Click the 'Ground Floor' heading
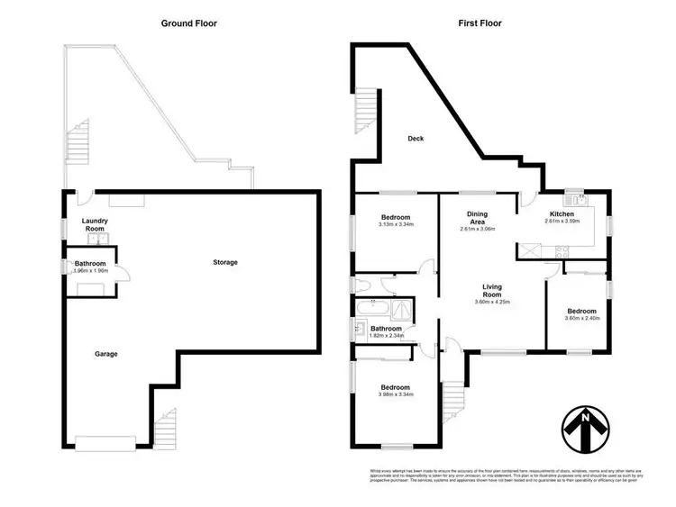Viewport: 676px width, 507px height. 189,23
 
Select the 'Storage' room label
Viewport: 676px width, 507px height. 225,262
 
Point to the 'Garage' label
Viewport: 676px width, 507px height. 106,354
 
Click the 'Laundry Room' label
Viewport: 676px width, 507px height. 96,225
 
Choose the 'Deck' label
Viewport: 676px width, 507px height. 416,138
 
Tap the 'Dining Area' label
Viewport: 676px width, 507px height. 477,218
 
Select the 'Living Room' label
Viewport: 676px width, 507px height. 491,290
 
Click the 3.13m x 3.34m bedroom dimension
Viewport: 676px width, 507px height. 396,225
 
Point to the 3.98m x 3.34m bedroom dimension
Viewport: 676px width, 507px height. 396,394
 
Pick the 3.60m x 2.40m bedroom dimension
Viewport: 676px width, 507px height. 581,317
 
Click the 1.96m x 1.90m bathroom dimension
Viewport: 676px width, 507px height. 91,270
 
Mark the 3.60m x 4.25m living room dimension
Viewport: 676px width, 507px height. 491,303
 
